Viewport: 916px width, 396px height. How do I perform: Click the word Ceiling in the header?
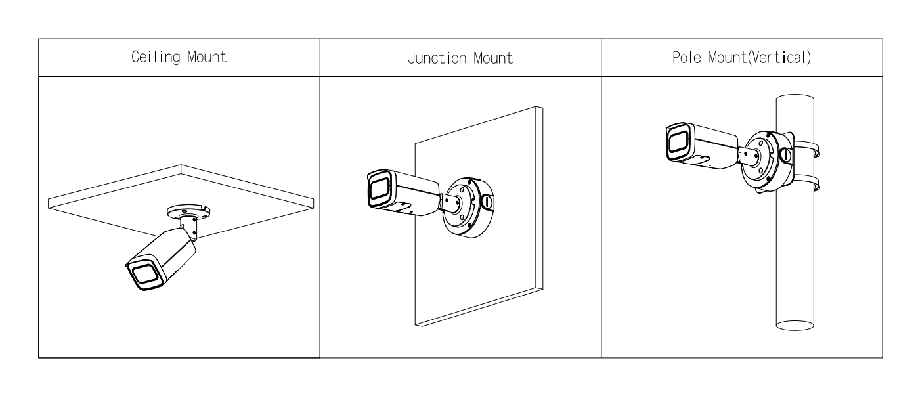156,57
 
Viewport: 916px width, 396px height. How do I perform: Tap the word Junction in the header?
437,58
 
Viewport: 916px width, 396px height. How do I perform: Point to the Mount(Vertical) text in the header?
759,58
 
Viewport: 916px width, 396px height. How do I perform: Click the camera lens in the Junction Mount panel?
379,188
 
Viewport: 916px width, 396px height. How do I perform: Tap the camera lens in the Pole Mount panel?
678,142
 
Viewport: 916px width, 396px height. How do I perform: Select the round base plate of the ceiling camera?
188,212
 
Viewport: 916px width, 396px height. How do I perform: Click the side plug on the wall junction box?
487,202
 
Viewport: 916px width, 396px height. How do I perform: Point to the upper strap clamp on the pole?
806,148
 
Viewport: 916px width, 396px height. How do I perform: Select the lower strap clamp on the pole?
806,183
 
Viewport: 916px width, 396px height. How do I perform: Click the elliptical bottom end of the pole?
795,326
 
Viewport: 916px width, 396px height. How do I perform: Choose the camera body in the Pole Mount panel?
702,146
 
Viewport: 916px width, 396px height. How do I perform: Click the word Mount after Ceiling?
206,57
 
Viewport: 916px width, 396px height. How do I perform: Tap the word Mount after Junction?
493,58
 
